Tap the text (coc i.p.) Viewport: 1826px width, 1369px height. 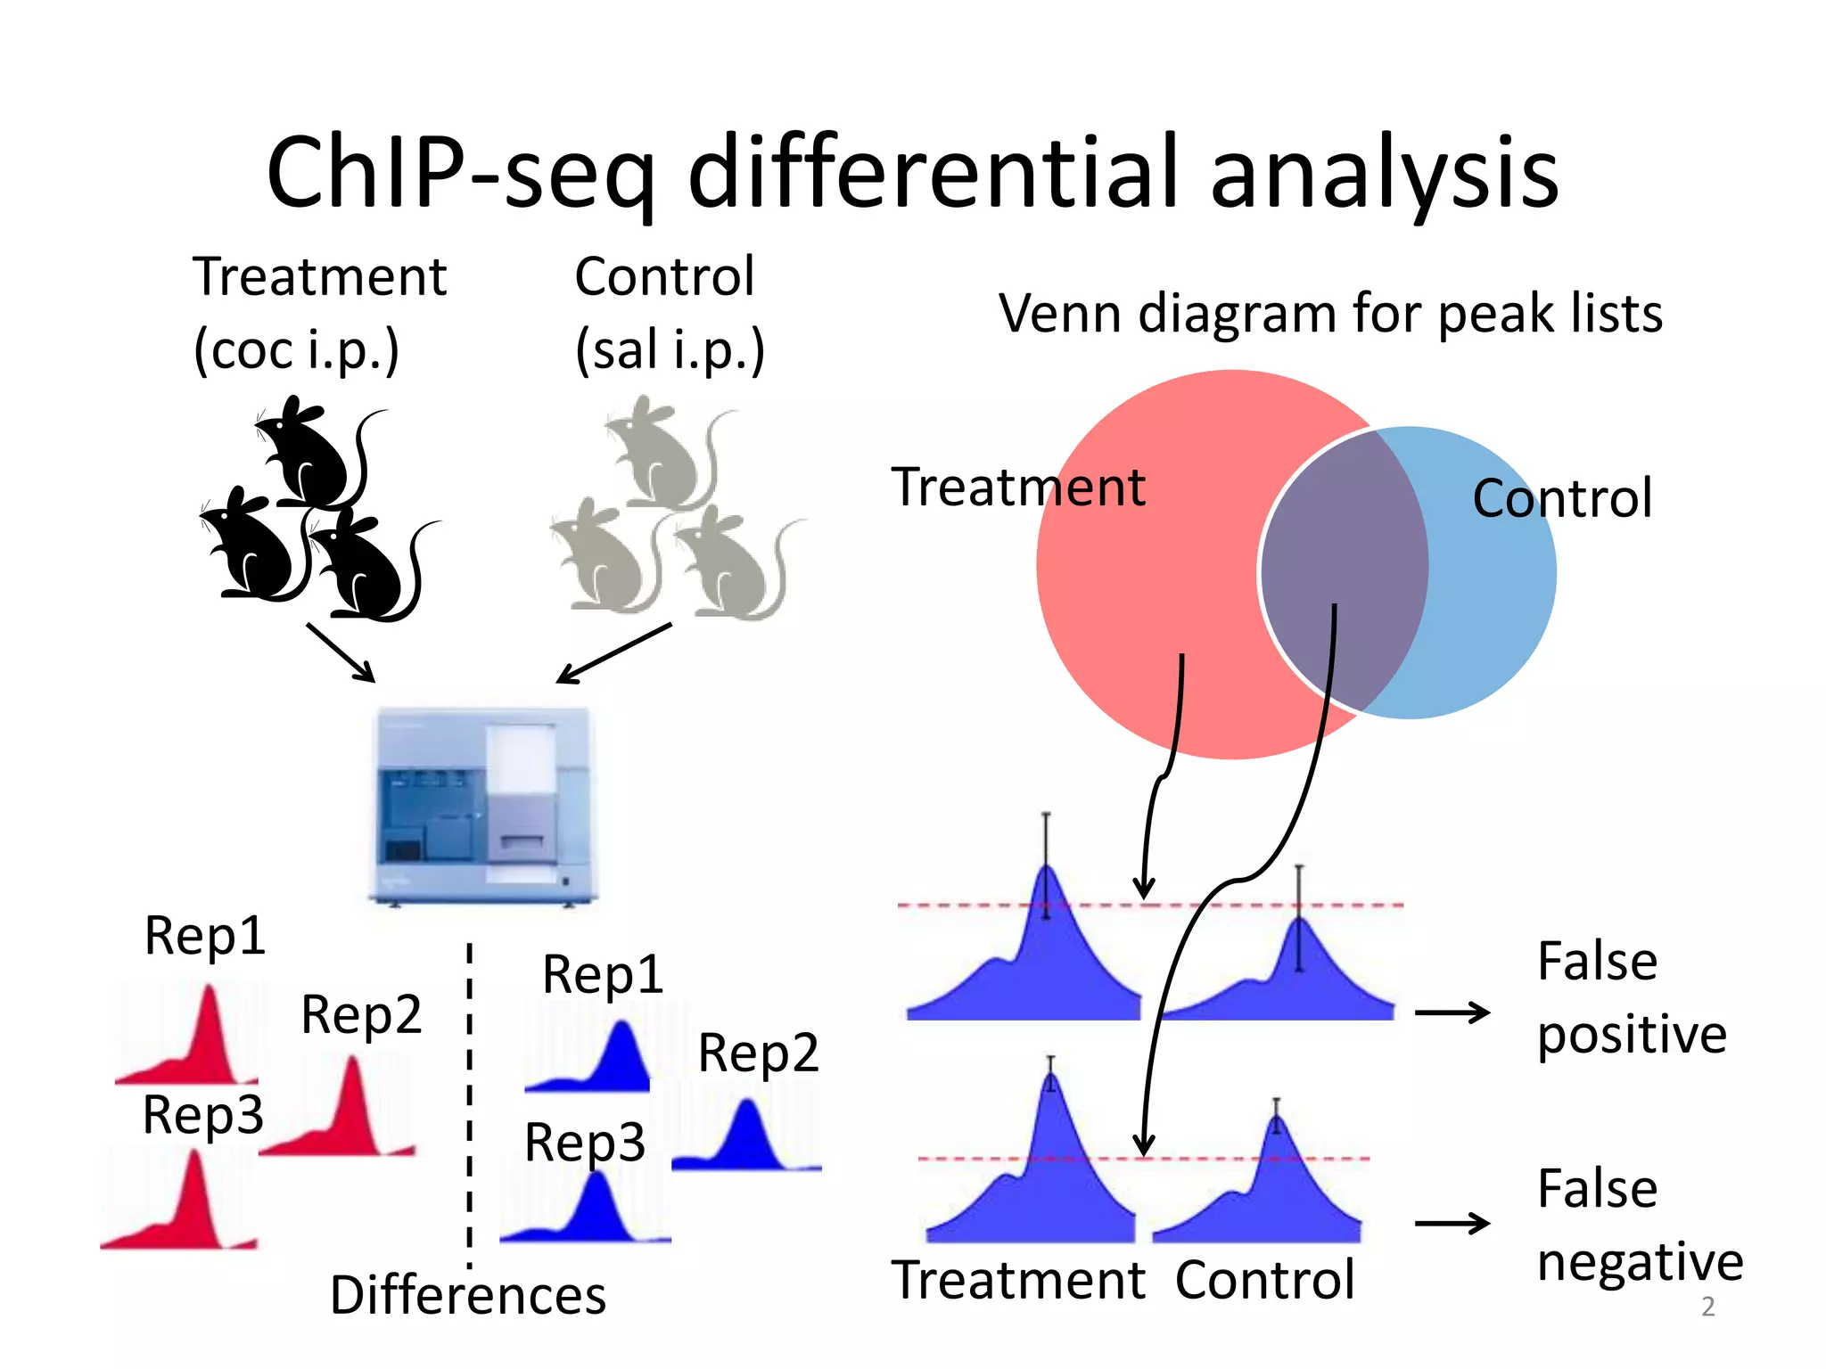[296, 349]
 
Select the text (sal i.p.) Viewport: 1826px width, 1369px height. [670, 349]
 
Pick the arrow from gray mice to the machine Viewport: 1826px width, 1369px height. [613, 653]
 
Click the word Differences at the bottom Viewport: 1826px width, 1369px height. [467, 1295]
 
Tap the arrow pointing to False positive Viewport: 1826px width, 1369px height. [1452, 1012]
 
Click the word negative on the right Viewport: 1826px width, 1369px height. [1640, 1262]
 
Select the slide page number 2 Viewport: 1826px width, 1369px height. [1707, 1307]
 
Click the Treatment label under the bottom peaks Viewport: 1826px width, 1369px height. [1018, 1281]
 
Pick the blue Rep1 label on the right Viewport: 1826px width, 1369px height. [603, 973]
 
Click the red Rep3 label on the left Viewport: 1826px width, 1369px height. [203, 1114]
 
